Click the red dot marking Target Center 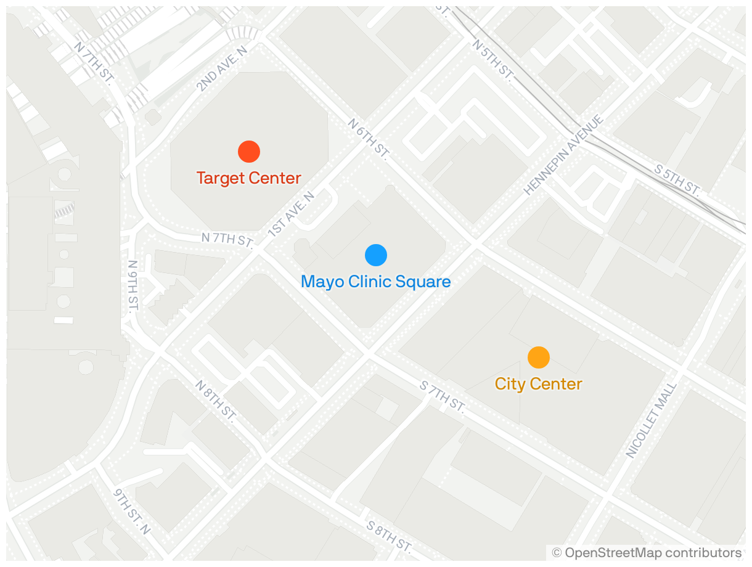(249, 151)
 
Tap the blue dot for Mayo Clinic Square (376, 255)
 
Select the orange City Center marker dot (539, 357)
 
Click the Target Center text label (249, 178)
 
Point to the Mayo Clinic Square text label (376, 282)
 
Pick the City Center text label (539, 384)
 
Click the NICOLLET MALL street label (652, 420)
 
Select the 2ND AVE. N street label (222, 68)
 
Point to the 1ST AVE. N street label (292, 214)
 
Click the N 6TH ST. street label (369, 139)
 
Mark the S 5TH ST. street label (677, 181)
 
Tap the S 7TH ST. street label (442, 396)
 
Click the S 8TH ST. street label (388, 536)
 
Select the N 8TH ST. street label (216, 401)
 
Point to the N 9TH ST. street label (133, 285)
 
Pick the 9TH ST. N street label (133, 512)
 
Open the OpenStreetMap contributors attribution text (647, 552)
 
